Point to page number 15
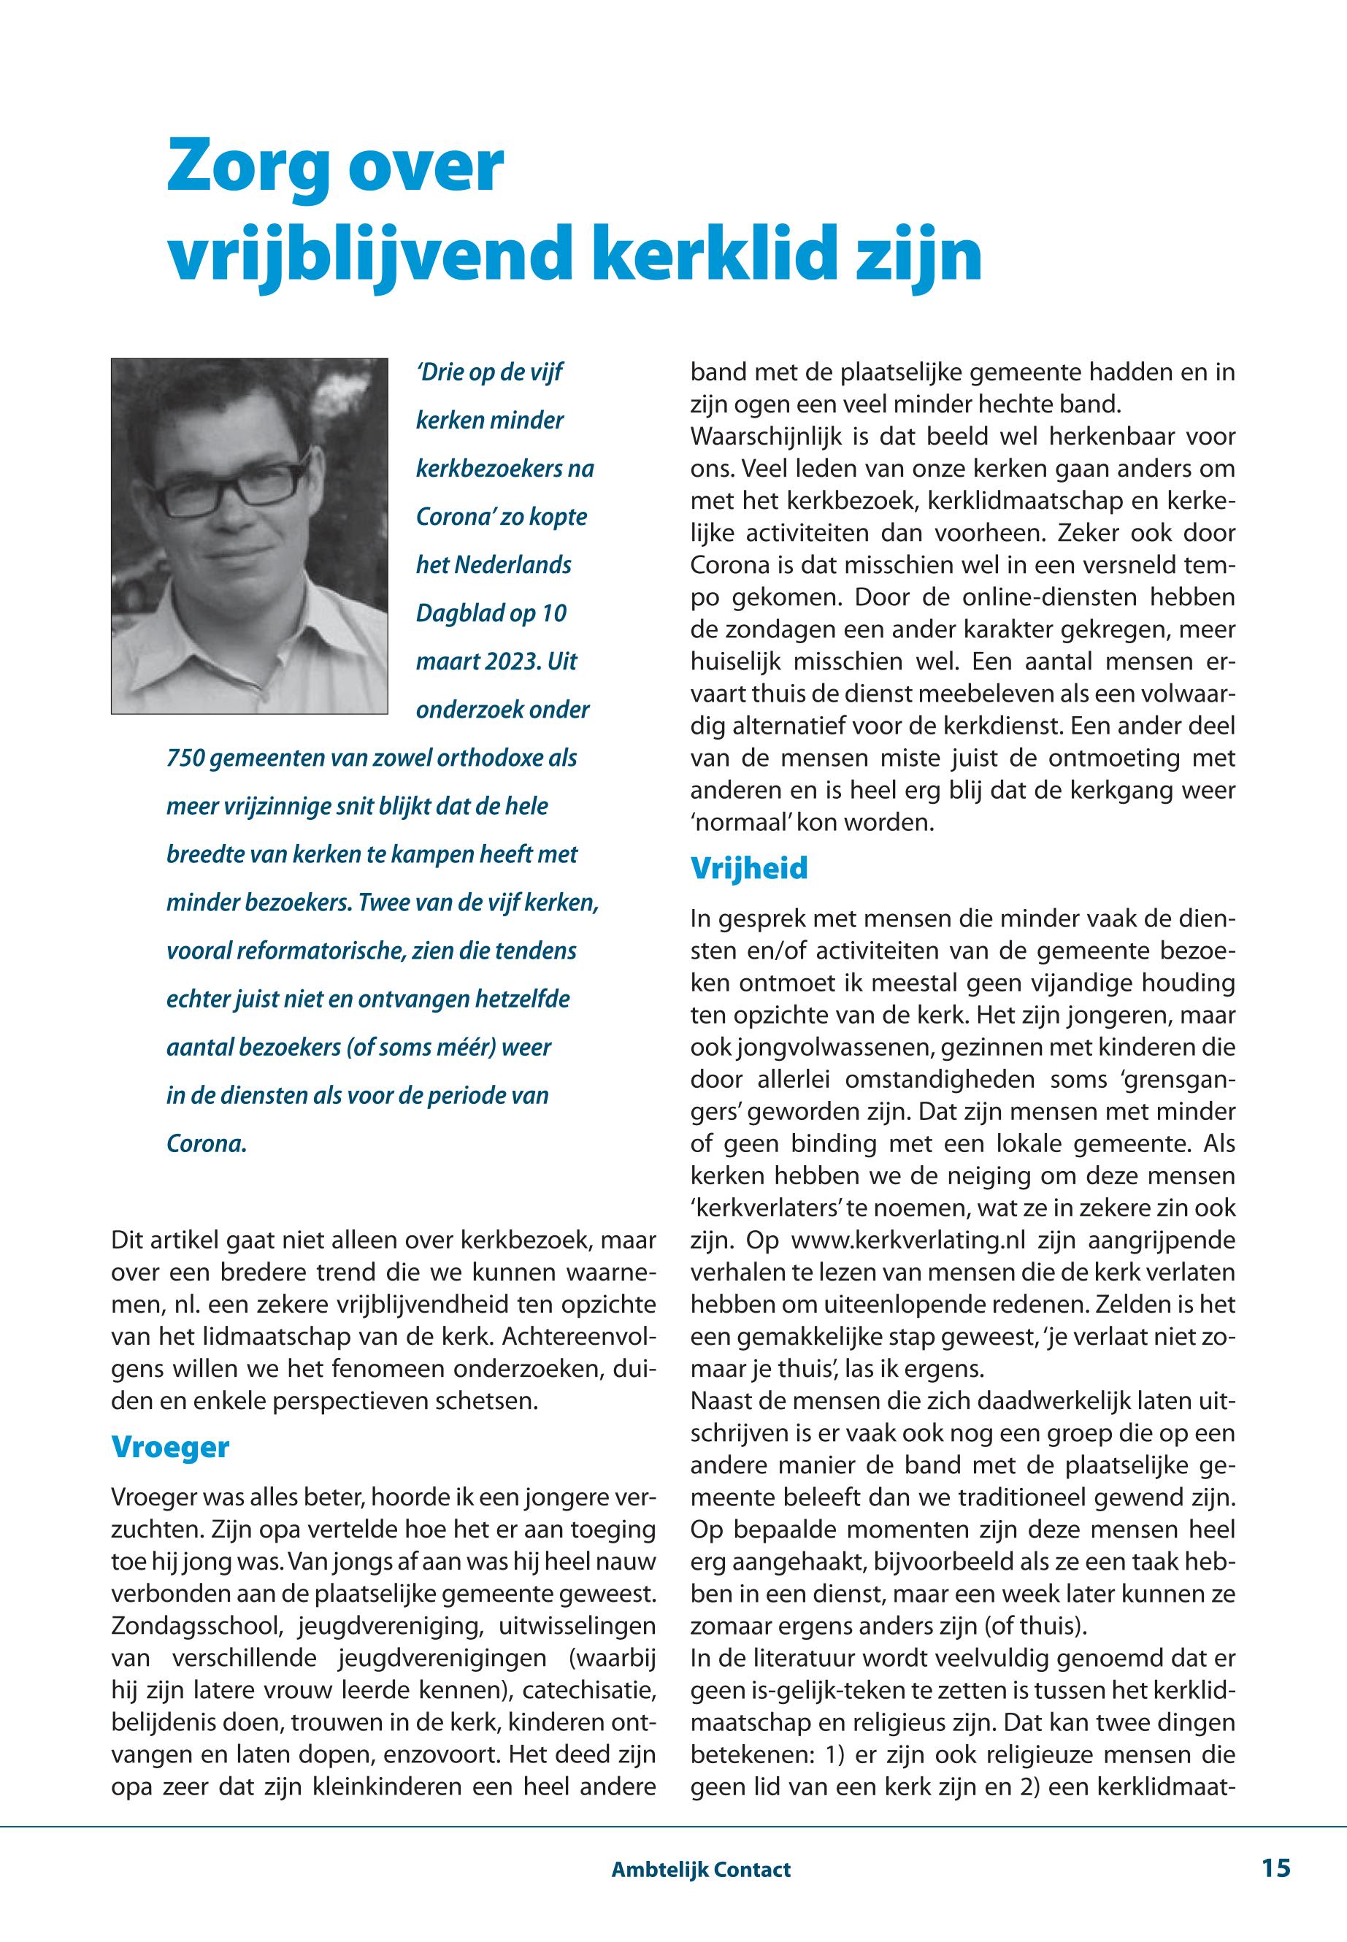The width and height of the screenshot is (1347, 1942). pos(1276,1868)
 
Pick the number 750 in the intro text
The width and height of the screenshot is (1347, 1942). pos(185,758)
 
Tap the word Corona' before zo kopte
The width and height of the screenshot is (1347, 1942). pos(454,516)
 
